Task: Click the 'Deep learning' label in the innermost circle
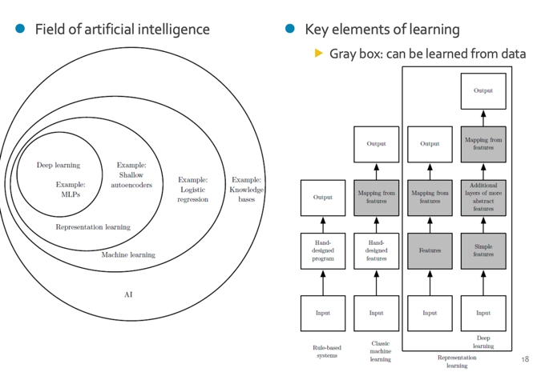(59, 166)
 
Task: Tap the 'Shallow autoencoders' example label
(131, 175)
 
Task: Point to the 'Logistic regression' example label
(192, 190)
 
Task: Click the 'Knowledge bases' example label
(246, 190)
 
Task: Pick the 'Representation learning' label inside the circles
(92, 227)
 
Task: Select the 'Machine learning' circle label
(128, 255)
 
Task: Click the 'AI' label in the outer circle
(128, 294)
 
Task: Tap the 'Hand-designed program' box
(323, 250)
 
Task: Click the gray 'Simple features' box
(483, 250)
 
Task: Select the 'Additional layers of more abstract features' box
(483, 197)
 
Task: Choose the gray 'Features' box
(430, 250)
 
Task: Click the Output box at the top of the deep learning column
(483, 91)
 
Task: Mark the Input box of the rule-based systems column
(323, 313)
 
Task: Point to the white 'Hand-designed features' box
(376, 250)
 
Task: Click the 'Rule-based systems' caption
(326, 351)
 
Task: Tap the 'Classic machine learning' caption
(380, 351)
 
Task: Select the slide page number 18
(525, 360)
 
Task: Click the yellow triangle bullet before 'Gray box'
(318, 54)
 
